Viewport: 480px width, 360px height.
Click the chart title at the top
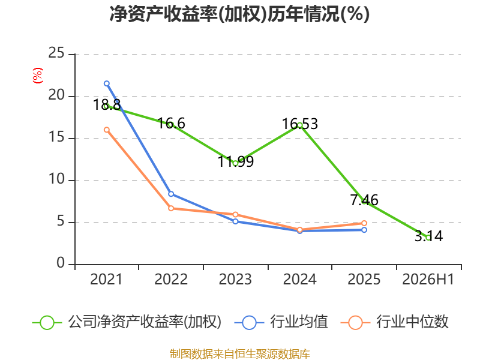click(239, 14)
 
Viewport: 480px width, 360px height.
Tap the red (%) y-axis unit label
click(37, 76)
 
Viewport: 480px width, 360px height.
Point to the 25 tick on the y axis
click(56, 53)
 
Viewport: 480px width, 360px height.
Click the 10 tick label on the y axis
click(56, 179)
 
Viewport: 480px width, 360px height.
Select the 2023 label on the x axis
click(235, 279)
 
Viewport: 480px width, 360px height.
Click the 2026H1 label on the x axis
click(428, 279)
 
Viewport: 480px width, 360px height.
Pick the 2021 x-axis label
click(106, 279)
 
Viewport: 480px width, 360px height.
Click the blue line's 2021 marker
click(107, 83)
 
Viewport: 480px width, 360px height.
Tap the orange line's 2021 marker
click(107, 130)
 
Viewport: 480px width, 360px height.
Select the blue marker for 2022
click(171, 194)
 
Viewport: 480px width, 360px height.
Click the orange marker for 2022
click(171, 208)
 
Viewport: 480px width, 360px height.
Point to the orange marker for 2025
click(364, 223)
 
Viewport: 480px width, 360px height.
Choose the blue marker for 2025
click(364, 230)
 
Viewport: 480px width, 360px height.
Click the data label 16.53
click(299, 124)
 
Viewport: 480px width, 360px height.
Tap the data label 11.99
click(235, 161)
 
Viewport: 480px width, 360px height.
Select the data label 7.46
click(364, 200)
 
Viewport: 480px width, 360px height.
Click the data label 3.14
click(428, 236)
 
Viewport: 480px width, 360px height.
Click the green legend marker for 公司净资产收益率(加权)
click(47, 323)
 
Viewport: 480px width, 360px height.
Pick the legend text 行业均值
click(299, 322)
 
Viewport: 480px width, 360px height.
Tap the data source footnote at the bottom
click(239, 354)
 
